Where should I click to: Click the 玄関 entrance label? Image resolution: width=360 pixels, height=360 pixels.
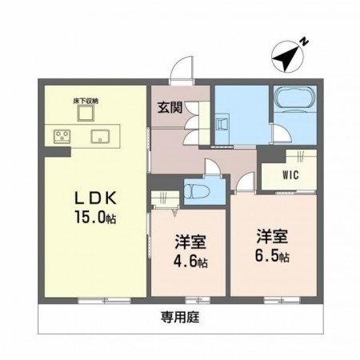point(170,107)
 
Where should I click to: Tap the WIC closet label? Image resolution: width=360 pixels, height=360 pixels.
point(290,175)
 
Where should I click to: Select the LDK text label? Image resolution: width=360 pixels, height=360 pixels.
point(95,198)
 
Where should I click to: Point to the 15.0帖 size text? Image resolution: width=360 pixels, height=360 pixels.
point(95,217)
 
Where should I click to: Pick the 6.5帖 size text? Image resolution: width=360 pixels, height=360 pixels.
point(272,256)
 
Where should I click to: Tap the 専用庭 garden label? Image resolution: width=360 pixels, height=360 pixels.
point(180,318)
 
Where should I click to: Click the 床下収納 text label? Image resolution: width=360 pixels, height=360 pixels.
point(86,102)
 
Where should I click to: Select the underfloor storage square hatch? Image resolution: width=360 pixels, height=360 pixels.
point(86,113)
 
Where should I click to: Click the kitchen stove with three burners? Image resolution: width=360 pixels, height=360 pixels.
point(62,136)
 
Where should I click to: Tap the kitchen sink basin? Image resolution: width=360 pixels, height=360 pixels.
point(100,136)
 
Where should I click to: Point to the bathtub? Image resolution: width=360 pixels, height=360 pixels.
point(294,98)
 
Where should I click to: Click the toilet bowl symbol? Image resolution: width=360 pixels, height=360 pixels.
point(196,191)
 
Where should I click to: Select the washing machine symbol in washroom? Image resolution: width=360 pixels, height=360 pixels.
point(222,124)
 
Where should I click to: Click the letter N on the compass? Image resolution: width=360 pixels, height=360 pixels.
point(304,42)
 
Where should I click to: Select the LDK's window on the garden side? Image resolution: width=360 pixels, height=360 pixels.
point(104,301)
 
